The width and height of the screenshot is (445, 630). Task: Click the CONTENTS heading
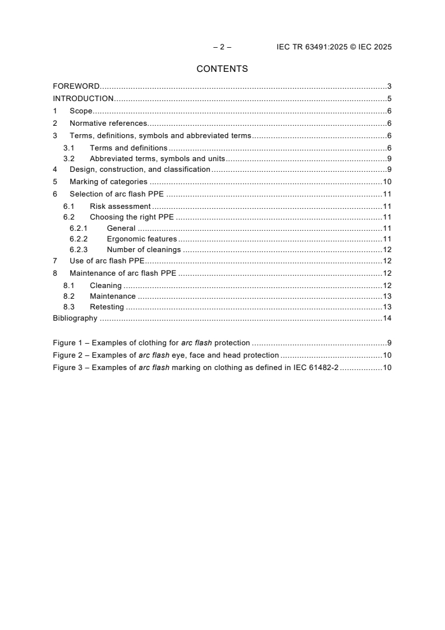click(222, 69)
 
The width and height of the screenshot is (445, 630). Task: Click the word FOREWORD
click(76, 86)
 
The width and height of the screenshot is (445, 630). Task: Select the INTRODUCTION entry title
click(83, 99)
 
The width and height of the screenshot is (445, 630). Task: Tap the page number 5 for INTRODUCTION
click(389, 99)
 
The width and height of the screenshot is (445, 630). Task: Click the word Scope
click(81, 111)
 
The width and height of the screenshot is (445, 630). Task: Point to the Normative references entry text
click(108, 124)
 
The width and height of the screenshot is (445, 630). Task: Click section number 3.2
click(68, 159)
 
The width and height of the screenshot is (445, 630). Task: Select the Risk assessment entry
click(120, 206)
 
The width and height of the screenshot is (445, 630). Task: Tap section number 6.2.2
click(79, 239)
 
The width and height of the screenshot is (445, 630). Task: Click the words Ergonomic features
click(141, 239)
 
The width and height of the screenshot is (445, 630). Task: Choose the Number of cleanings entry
click(144, 250)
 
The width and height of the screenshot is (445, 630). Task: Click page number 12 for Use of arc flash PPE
click(387, 261)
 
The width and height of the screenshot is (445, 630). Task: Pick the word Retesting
click(107, 307)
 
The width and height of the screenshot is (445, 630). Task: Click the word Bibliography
click(75, 318)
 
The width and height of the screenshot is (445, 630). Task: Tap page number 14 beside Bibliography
click(387, 318)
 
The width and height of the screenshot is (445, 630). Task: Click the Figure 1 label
click(68, 343)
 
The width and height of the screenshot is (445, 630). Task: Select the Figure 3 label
click(68, 368)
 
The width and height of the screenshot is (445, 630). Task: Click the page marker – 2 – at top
click(222, 47)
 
